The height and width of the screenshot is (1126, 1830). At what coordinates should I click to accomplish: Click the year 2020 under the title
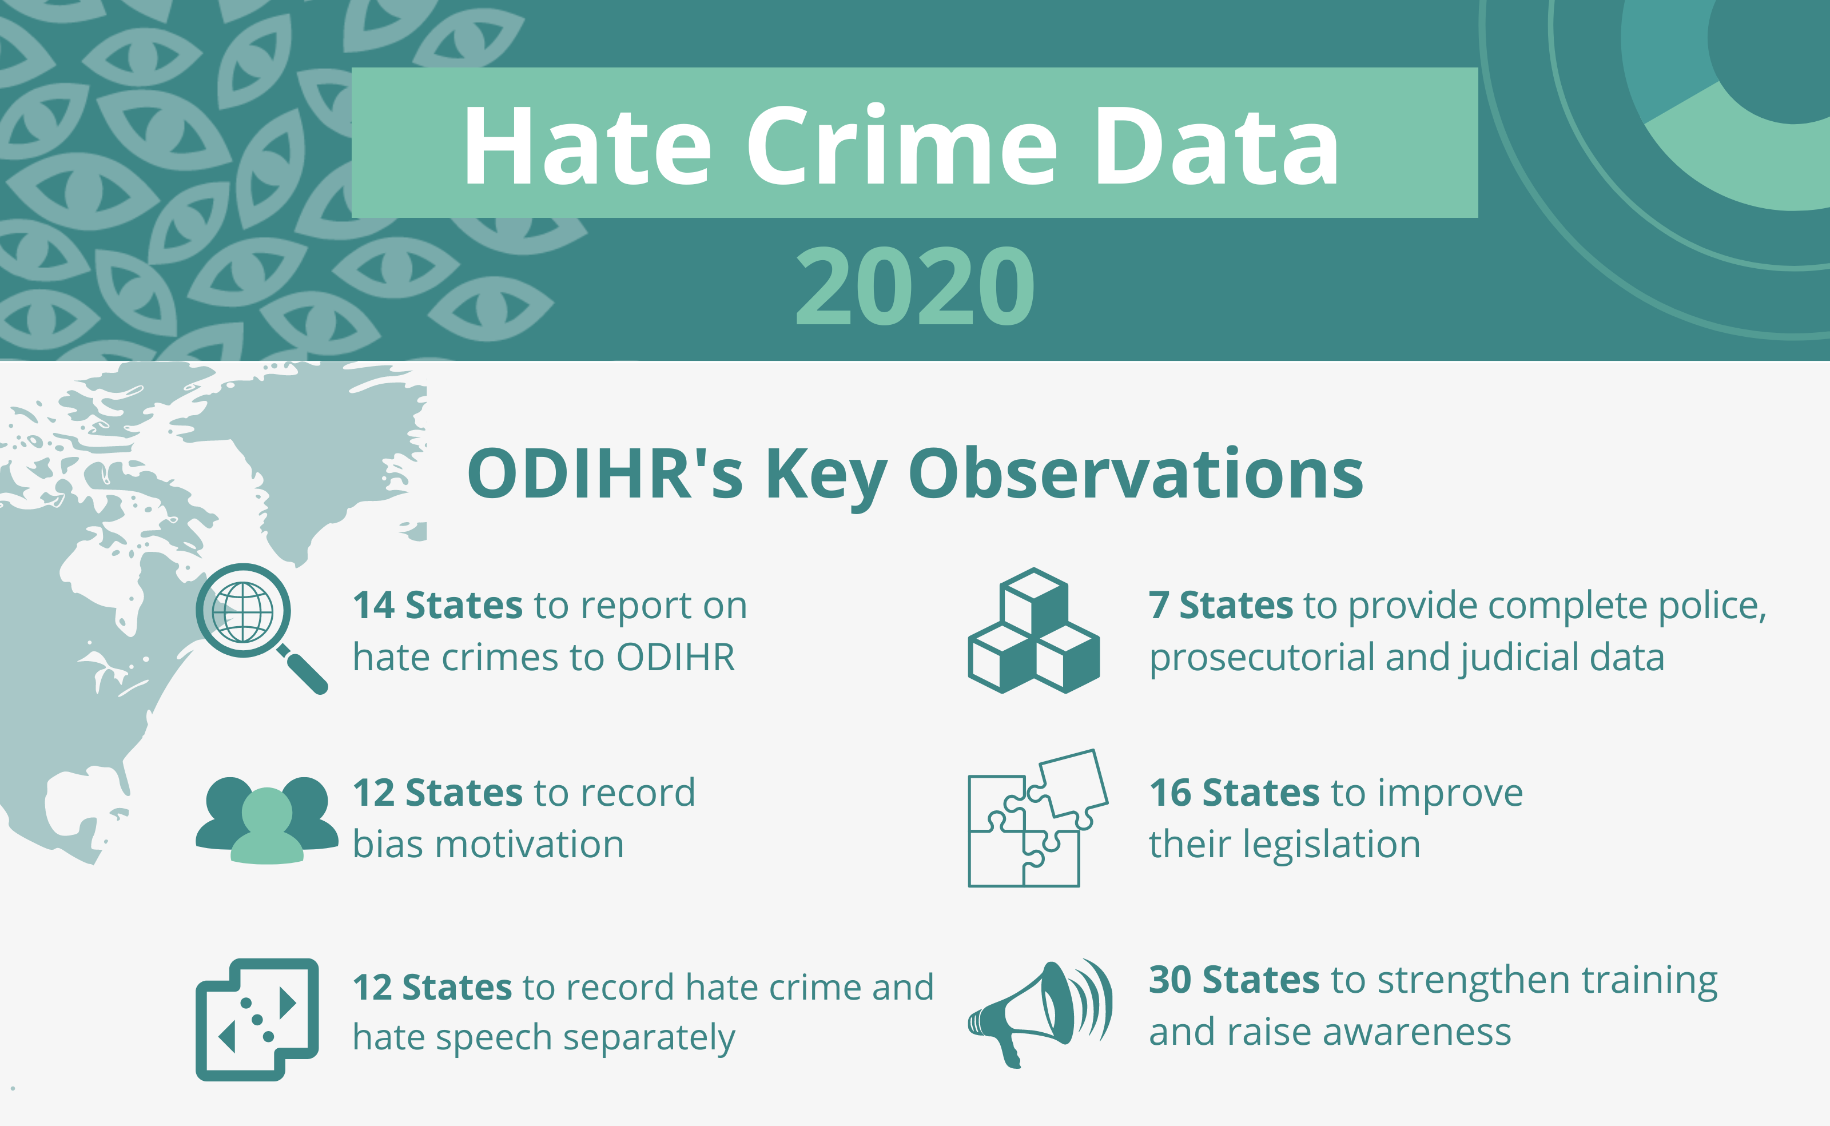(x=915, y=287)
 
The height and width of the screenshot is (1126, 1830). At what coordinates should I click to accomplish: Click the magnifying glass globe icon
(x=261, y=628)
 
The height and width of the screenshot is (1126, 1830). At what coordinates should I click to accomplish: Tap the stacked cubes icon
(x=1033, y=630)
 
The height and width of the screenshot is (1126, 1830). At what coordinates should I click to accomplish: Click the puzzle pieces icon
(x=1038, y=818)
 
